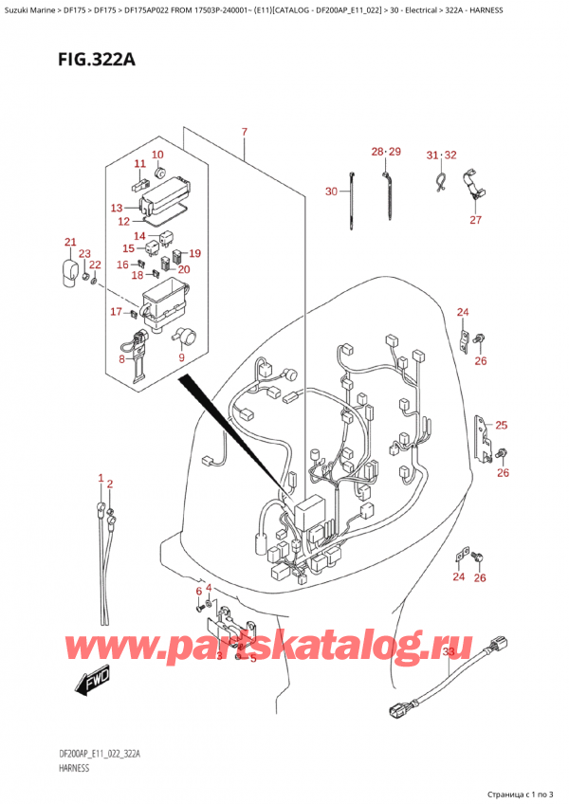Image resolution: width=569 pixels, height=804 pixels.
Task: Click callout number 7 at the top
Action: (244, 131)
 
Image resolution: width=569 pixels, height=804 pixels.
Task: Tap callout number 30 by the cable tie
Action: (331, 192)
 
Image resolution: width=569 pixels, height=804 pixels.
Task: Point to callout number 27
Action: (475, 220)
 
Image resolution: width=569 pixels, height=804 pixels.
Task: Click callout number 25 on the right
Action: (501, 425)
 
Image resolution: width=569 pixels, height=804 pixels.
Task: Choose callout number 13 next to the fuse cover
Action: (117, 208)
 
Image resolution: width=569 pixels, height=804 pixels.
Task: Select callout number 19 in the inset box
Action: (194, 253)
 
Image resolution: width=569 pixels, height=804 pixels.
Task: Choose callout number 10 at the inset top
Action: (156, 155)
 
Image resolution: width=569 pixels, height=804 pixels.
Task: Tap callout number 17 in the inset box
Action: (116, 312)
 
